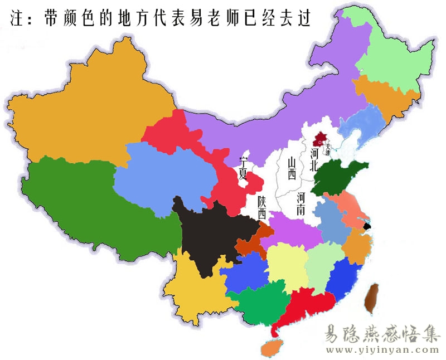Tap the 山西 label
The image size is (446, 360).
tap(290, 168)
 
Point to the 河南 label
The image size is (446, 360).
tap(301, 204)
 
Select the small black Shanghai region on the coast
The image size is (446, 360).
tap(367, 226)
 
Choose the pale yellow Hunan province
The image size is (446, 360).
tap(287, 265)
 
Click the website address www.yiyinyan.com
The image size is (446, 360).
tap(382, 350)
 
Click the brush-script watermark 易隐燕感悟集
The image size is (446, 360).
tap(382, 333)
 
